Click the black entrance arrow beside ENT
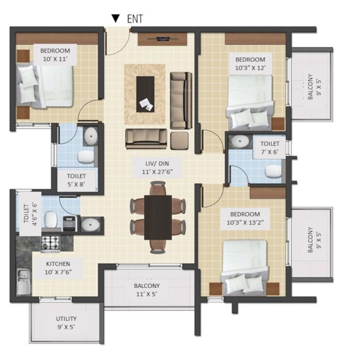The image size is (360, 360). (x=115, y=18)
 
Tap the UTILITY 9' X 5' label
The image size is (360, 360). (x=65, y=323)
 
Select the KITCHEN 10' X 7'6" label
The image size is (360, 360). (x=58, y=268)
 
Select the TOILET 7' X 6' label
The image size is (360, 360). (x=270, y=148)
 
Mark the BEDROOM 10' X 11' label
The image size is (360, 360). (x=55, y=54)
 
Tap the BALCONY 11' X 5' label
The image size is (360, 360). (x=147, y=289)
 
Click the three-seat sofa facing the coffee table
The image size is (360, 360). (x=146, y=138)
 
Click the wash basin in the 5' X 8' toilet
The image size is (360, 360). (x=90, y=136)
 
